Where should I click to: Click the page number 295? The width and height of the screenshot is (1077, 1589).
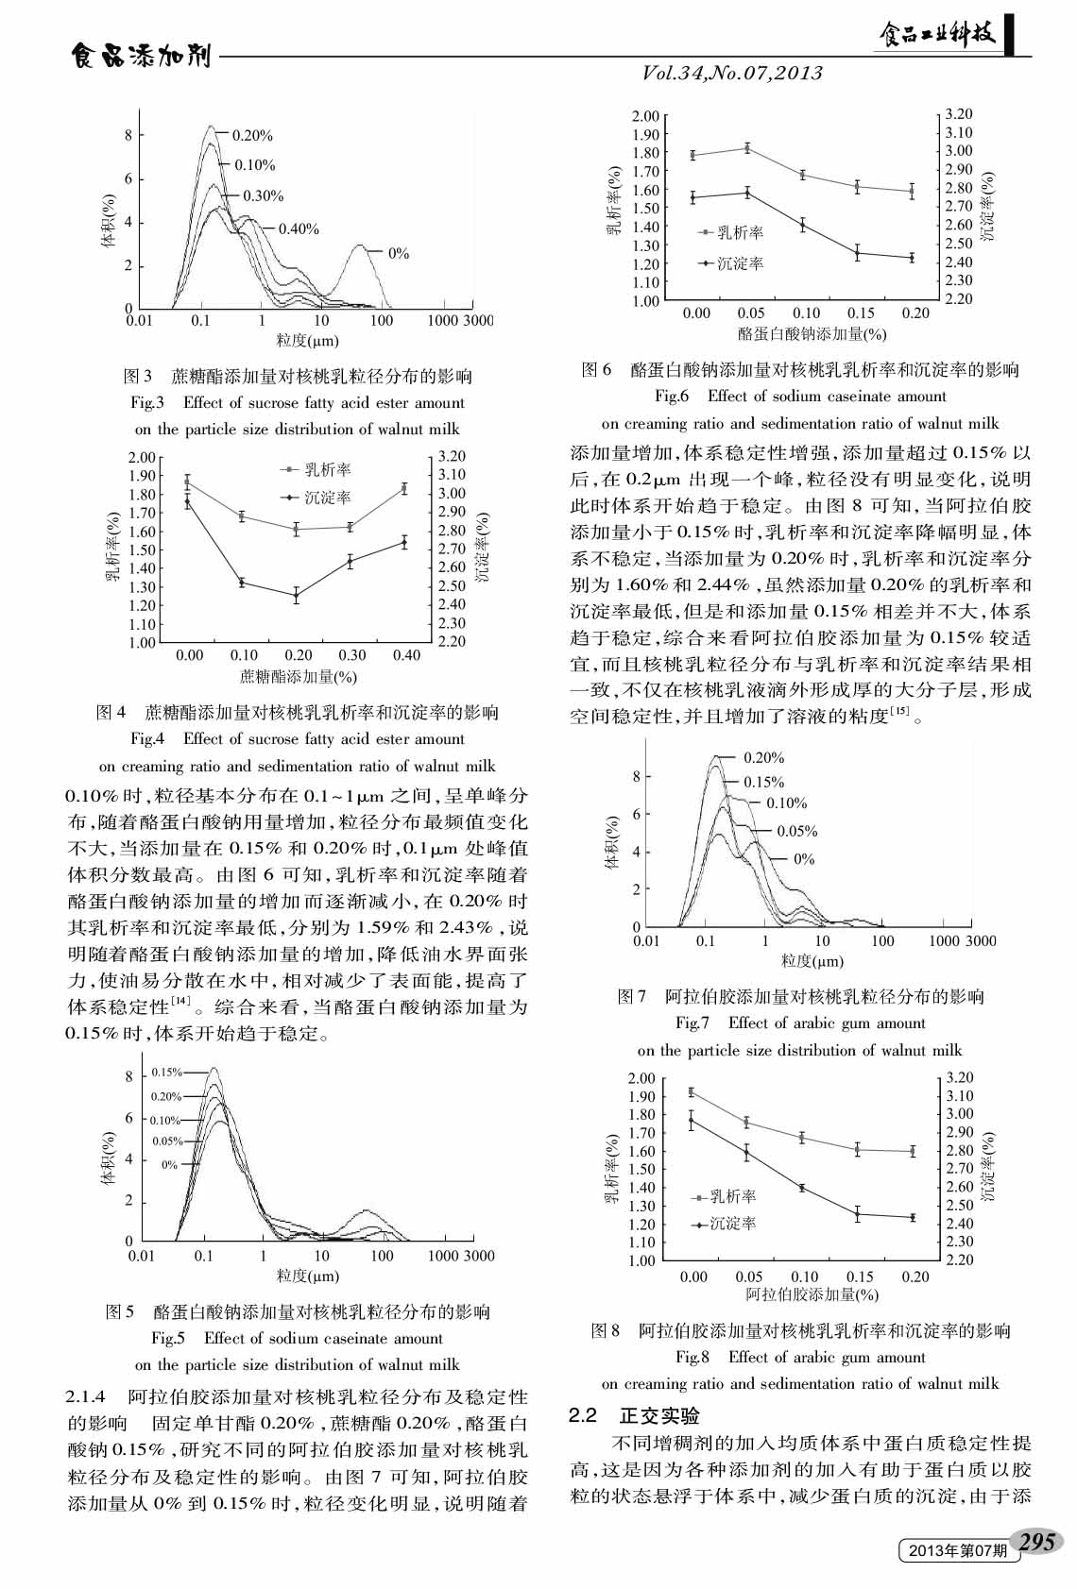click(x=1036, y=1541)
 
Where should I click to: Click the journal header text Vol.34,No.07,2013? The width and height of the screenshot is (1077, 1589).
click(x=732, y=73)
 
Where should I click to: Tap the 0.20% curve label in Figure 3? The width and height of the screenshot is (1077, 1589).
click(x=252, y=136)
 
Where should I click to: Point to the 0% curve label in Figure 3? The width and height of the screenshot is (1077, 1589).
click(x=399, y=253)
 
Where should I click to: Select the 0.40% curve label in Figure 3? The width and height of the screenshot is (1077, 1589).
click(x=299, y=228)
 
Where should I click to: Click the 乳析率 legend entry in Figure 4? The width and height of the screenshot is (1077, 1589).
click(x=327, y=469)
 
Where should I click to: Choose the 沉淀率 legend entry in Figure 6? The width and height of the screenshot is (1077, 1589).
click(x=740, y=263)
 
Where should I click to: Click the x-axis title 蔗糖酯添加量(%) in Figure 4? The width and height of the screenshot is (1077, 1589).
click(x=298, y=676)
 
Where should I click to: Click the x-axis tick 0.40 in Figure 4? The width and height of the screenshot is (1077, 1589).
click(x=406, y=655)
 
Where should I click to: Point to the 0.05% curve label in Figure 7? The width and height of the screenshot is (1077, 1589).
click(x=796, y=831)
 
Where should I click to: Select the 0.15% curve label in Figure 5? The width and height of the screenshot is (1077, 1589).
click(x=166, y=1073)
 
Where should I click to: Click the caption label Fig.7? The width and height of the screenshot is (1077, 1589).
click(x=692, y=1023)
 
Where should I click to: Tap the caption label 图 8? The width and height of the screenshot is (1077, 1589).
click(x=605, y=1330)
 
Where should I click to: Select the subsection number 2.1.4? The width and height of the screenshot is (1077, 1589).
click(x=86, y=1396)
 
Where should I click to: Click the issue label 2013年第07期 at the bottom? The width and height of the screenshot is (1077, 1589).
click(x=957, y=1551)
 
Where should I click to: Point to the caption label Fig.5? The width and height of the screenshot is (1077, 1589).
click(x=168, y=1338)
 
